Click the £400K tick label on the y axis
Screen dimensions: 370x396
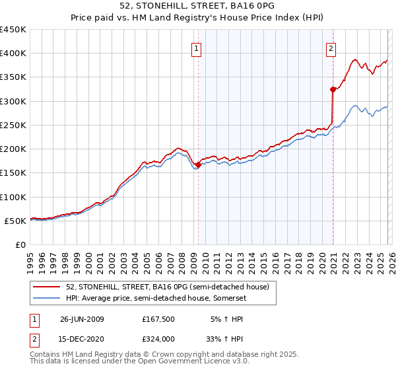pos(13,54)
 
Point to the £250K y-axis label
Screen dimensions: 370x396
pos(13,126)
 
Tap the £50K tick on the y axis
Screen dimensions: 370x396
pos(16,221)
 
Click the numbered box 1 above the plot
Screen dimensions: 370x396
pos(197,48)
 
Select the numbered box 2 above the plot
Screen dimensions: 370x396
pos(331,48)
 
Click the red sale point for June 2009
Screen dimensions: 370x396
pos(198,165)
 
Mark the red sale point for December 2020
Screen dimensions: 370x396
pos(333,89)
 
